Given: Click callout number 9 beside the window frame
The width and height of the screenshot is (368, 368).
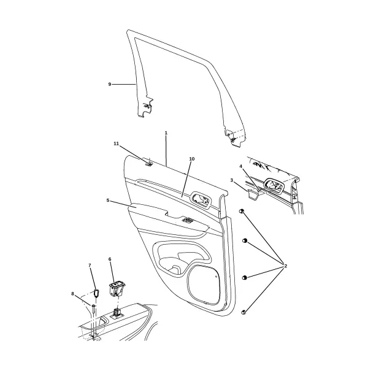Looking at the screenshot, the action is point(110,84).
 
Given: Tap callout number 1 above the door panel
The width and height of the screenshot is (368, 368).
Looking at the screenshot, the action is point(166,133).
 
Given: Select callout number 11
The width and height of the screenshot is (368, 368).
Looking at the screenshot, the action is point(117,144).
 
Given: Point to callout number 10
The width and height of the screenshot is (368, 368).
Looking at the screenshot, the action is point(192,159).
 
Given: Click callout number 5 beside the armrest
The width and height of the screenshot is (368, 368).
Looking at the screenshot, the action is point(108,200).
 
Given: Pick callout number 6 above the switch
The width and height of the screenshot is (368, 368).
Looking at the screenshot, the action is point(110,259).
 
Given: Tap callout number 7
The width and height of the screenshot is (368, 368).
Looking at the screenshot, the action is point(90,265).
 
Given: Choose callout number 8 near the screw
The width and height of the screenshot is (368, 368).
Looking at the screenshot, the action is point(72,294).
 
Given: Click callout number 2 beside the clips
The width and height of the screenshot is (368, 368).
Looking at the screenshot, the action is point(286,266).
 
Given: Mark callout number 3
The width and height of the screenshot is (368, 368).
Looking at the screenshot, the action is point(232,180).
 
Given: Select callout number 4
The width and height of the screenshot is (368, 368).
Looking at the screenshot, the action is point(240,166).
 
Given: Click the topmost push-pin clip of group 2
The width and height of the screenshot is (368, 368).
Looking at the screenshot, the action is point(241,211).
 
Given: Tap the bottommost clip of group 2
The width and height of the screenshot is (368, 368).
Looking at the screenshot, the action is point(243,312).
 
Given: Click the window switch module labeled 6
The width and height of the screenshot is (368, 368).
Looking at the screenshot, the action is point(117,289).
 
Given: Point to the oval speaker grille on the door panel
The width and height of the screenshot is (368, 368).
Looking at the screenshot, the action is point(205,284).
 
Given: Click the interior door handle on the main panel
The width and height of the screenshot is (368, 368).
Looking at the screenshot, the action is point(201,200).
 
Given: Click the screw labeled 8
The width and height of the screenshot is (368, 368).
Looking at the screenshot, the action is point(93,309).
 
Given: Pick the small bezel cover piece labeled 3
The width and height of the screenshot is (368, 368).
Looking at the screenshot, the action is point(253,195).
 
